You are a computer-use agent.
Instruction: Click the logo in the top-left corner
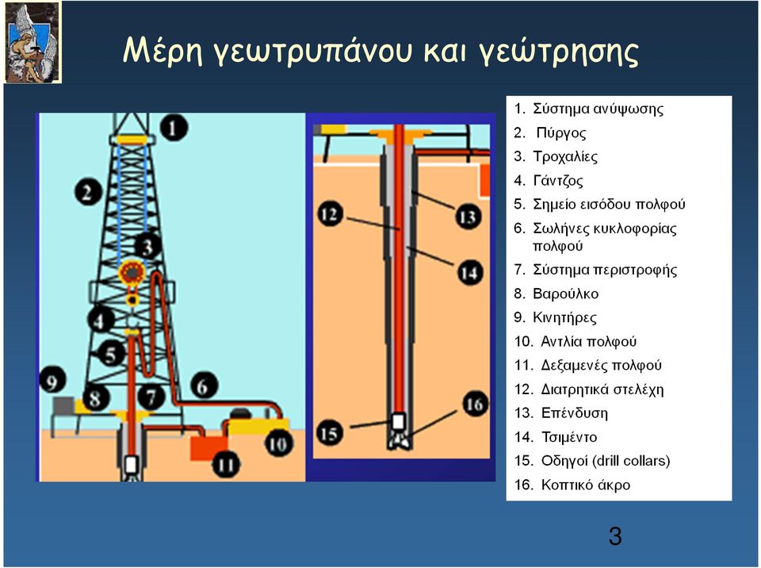pos(33,42)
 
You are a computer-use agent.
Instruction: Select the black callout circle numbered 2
pos(88,191)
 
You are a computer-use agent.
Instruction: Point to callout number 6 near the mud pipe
pos(204,386)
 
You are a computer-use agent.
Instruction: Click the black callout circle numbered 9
pos(53,381)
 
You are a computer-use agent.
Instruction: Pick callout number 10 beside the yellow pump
pos(278,443)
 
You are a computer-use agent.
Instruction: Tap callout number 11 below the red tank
pos(226,464)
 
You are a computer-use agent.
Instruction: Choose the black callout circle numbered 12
pos(330,214)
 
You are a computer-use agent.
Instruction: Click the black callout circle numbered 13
pos(468,217)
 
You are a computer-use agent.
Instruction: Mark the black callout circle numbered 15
pos(330,433)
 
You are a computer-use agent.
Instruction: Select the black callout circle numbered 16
pos(474,404)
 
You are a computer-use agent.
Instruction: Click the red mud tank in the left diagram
pos(208,448)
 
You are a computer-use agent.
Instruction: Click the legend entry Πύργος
pos(561,133)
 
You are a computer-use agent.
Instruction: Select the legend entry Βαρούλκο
pos(565,294)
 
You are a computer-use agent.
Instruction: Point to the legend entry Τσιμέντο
pos(569,437)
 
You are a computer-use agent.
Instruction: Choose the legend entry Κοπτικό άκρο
pos(585,485)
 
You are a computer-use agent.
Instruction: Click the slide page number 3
pos(615,536)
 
